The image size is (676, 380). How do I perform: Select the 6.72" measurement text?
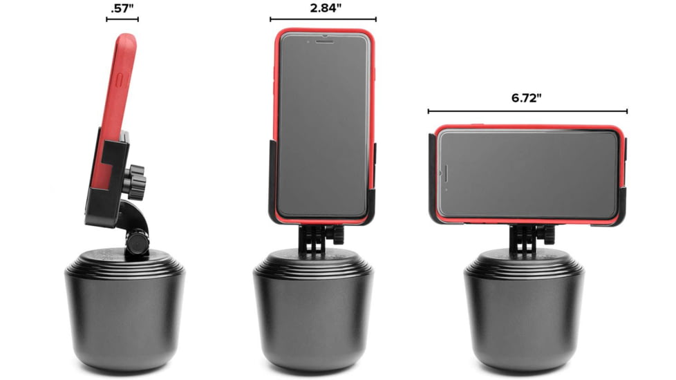pyautogui.click(x=527, y=97)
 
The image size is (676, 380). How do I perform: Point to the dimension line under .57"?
pyautogui.click(x=122, y=19)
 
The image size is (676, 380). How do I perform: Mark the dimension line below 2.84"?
pyautogui.click(x=323, y=19)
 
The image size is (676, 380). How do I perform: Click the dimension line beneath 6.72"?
pyautogui.click(x=527, y=111)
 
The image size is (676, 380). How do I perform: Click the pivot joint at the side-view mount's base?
pyautogui.click(x=136, y=243)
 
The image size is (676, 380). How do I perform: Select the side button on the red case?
pyautogui.click(x=122, y=79)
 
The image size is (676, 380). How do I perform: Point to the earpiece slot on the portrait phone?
pyautogui.click(x=323, y=40)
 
